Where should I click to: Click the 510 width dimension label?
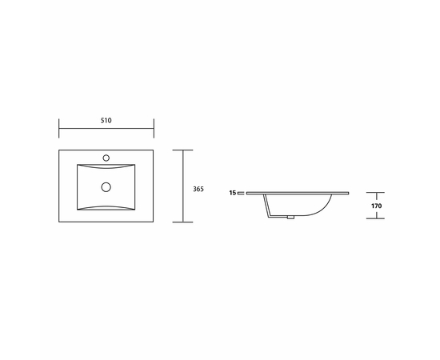106,120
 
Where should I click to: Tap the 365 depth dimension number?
198,189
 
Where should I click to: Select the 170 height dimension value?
376,206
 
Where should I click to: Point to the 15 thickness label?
232,193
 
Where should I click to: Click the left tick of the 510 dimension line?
59,128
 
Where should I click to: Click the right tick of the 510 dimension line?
154,128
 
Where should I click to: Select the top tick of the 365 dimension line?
182,150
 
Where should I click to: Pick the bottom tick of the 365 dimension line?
182,222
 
